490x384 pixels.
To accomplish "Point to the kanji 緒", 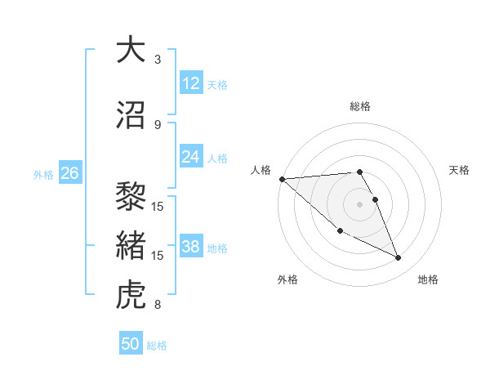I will click(131, 246).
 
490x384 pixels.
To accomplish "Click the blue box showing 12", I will click(191, 83).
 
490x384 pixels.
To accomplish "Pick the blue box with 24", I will click(191, 157).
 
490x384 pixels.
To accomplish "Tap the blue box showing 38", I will click(191, 247).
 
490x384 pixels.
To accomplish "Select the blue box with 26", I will click(69, 173).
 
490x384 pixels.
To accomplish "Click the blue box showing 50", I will click(131, 344).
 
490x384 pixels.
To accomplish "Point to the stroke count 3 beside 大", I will click(158, 60).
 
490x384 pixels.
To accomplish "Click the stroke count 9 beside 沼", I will click(158, 125).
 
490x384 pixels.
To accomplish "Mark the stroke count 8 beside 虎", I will click(158, 305).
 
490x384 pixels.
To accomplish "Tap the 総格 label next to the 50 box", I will click(158, 346).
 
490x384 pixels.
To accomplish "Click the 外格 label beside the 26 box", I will click(43, 174).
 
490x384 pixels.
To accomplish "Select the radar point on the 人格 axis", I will click(282, 179).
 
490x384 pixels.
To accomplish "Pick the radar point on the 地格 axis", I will click(399, 258).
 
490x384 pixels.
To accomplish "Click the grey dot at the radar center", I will click(360, 203).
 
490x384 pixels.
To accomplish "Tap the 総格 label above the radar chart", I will click(360, 106).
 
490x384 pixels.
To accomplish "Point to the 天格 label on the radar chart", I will click(460, 170).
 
